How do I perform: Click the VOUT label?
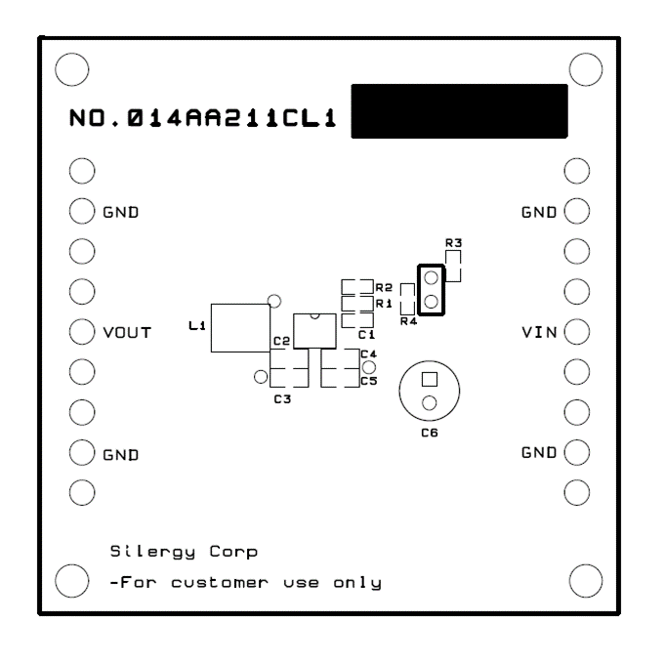pos(127,332)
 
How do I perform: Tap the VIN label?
pos(539,332)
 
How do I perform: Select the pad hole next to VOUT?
pos(82,332)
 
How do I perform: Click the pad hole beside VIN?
pos(577,332)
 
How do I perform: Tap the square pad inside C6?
pos(430,380)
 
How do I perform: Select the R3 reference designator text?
pos(453,243)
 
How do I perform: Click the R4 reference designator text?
pos(408,321)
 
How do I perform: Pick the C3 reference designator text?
pos(282,399)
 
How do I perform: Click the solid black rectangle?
pos(460,111)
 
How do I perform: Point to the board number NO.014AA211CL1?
pos(202,118)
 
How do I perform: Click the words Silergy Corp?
pos(184,552)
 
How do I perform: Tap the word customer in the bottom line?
pos(220,583)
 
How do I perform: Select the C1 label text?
pos(366,335)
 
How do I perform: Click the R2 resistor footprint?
pos(357,287)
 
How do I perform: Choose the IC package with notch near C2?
pos(314,331)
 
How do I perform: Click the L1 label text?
pos(197,325)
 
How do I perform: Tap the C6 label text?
pos(430,433)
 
